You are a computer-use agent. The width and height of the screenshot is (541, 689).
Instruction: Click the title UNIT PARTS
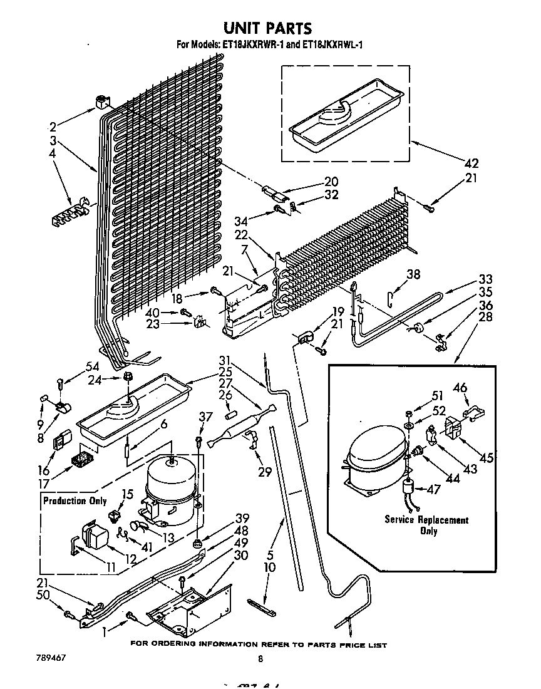point(267,28)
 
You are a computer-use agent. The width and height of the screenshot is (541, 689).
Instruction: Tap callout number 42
point(471,163)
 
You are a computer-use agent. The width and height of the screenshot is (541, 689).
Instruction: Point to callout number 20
point(331,182)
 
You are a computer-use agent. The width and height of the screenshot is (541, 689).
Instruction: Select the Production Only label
point(73,500)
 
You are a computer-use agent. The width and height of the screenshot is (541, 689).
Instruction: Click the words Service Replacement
point(426,520)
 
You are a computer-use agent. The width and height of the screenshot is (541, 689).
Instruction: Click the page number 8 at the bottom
point(260,659)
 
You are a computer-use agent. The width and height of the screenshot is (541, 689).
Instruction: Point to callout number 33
point(485,279)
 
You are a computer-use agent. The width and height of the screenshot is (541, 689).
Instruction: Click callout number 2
point(53,125)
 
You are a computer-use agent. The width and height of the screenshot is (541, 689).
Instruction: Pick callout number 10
point(270,568)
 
